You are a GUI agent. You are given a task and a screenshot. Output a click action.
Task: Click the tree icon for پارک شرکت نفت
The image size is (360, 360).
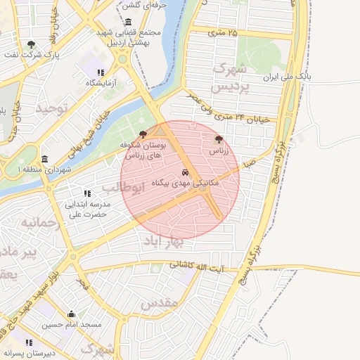click(31, 44)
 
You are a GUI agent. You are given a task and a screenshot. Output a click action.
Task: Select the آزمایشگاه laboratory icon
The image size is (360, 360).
click(101, 72)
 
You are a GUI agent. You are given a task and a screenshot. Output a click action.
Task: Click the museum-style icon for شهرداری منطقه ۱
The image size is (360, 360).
click(45, 159)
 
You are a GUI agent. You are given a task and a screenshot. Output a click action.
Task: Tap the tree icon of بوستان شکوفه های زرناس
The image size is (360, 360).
click(143, 133)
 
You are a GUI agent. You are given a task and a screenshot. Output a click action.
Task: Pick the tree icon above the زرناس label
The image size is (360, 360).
click(218, 139)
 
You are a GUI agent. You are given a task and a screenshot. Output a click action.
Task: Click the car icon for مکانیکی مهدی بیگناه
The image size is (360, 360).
click(185, 172)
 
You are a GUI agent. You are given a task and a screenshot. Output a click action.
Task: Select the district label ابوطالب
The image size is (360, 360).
click(123, 188)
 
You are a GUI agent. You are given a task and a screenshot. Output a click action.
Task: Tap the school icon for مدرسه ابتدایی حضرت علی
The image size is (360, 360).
click(87, 193)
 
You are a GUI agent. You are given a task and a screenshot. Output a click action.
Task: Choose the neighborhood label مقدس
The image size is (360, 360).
click(157, 304)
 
